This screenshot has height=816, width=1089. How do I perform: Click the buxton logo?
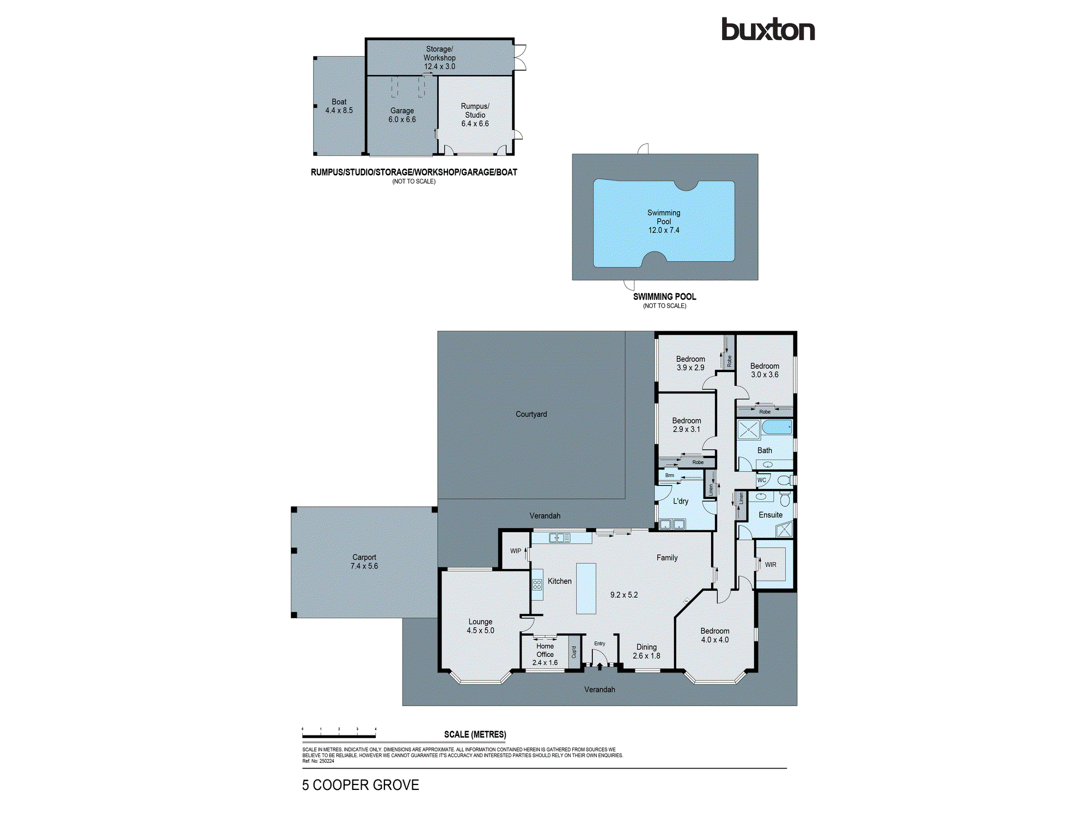[768, 29]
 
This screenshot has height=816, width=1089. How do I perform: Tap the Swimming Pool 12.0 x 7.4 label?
[664, 221]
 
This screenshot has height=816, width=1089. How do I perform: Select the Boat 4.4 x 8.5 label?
[339, 106]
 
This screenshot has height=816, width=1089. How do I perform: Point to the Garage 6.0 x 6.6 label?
[402, 115]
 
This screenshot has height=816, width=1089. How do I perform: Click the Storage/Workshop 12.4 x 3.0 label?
[439, 58]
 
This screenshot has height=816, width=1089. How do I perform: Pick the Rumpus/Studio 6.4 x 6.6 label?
[475, 115]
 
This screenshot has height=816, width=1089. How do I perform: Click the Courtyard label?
[531, 414]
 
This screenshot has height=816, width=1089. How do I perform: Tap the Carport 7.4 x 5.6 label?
[364, 561]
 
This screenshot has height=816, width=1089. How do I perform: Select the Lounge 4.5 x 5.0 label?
[480, 626]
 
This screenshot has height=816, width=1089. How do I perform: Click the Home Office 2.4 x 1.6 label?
[544, 654]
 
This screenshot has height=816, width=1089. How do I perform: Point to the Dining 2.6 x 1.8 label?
[646, 651]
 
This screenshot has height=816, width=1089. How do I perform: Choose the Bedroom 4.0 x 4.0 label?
[714, 635]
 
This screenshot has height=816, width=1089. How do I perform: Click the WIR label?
[770, 565]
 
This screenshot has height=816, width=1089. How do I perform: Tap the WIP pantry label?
[515, 551]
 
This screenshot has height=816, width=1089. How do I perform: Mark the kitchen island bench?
[586, 588]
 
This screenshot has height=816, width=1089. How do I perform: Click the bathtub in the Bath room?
[776, 427]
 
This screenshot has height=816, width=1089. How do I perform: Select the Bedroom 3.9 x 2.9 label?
[690, 363]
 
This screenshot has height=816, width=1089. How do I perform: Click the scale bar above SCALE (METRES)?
[339, 736]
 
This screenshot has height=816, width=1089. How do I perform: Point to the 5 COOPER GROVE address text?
[360, 785]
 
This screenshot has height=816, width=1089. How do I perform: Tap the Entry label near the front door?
[599, 644]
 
